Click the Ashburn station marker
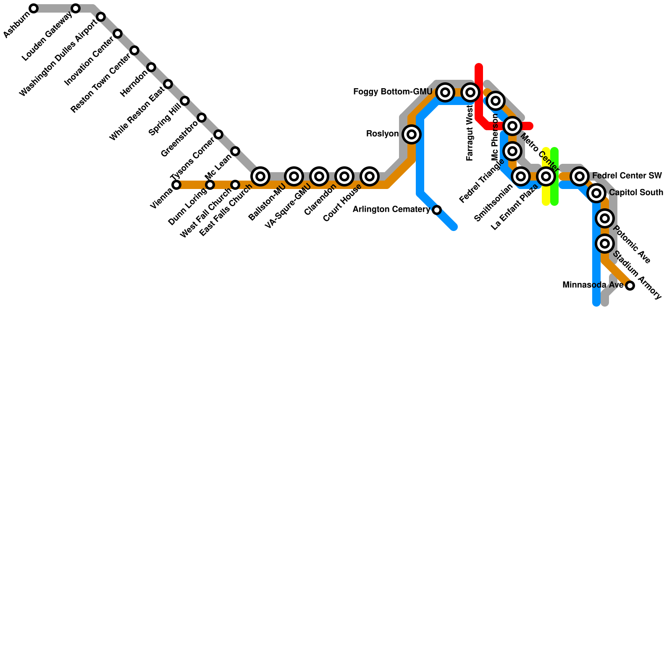coord(34,8)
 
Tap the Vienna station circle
coord(176,185)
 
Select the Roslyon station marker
coord(412,134)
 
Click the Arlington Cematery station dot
coord(437,210)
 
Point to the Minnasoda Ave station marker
coord(630,286)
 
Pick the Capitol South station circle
coord(596,193)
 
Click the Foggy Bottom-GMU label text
coord(393,92)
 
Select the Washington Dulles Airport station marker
coord(101,17)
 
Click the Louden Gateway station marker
coord(76,8)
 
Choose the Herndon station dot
coord(151,67)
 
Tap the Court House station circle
coord(370,176)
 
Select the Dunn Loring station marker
coord(210,185)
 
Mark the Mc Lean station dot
coord(235,151)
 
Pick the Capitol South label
coord(636,193)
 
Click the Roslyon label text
coord(382,134)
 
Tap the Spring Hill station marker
coord(185,101)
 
